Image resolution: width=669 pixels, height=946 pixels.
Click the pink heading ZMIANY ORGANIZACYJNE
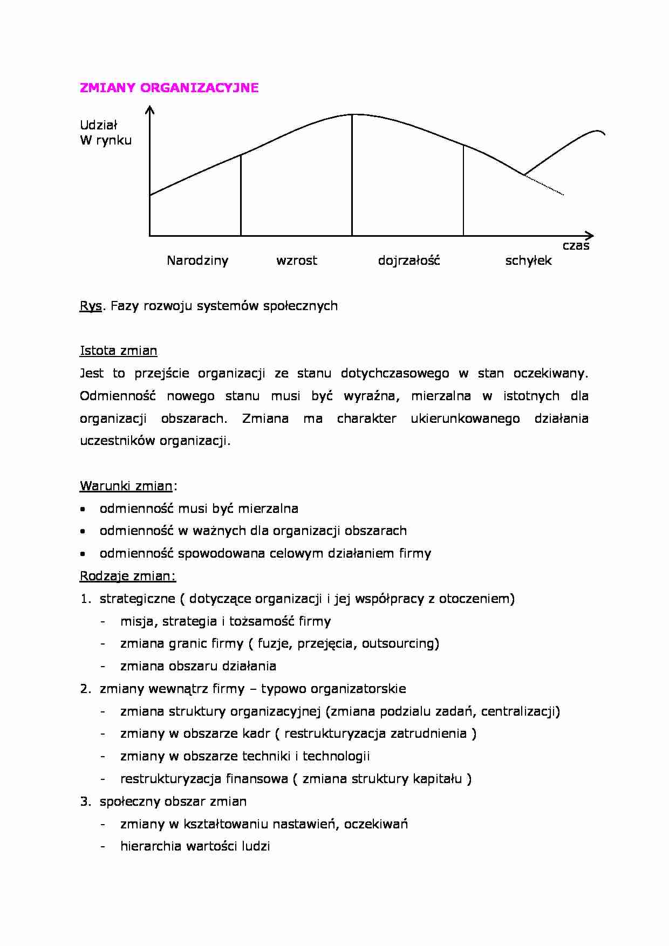click(x=169, y=88)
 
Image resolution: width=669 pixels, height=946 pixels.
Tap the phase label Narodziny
click(x=197, y=261)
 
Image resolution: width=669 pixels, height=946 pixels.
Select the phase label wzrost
click(x=296, y=261)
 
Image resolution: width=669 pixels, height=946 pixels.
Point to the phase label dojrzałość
click(x=408, y=261)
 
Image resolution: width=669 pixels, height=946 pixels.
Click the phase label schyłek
click(x=528, y=261)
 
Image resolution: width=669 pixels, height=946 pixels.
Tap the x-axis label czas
click(x=576, y=246)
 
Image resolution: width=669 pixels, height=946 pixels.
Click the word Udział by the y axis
click(x=98, y=125)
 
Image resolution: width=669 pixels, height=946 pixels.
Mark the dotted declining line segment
click(x=545, y=185)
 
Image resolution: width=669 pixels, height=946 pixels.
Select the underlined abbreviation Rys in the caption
click(x=91, y=306)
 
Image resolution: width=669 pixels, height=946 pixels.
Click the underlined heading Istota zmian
click(x=118, y=351)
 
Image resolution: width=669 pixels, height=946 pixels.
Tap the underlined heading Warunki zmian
click(x=126, y=486)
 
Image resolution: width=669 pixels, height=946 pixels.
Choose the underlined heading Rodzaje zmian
click(x=127, y=576)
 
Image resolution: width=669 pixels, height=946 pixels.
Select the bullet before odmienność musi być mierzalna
click(x=83, y=509)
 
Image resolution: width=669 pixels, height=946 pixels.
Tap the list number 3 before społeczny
click(x=85, y=801)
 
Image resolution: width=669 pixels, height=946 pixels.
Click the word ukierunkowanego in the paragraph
click(x=465, y=419)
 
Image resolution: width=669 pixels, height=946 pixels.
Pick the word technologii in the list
click(x=336, y=756)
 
